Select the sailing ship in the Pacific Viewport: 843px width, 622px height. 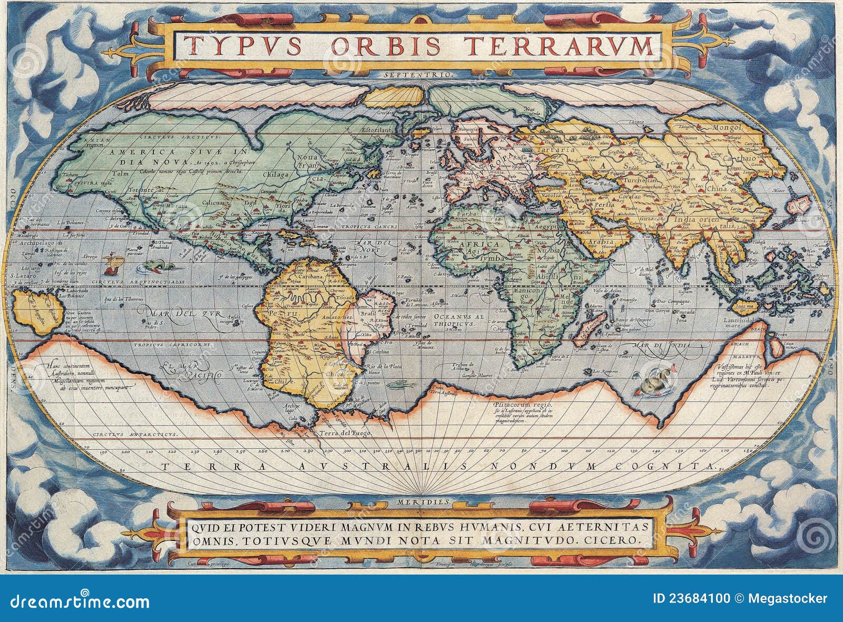[x=112, y=264]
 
